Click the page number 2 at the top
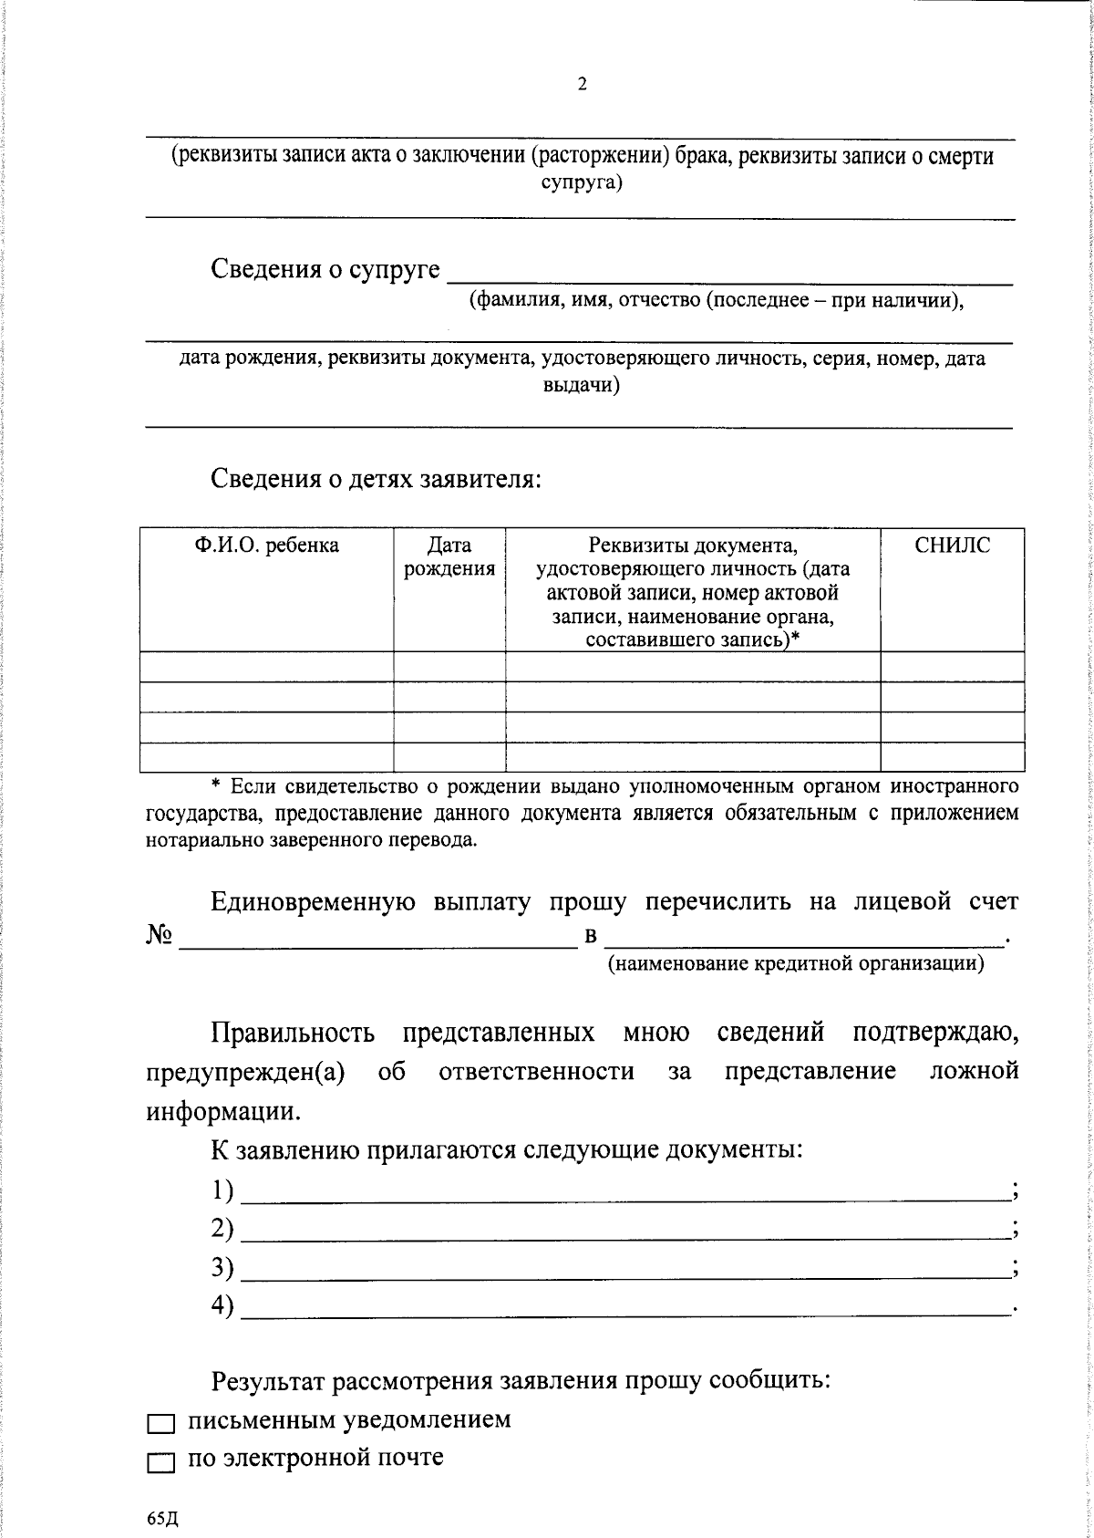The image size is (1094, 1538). coord(582,85)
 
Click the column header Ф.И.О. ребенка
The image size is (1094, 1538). coord(266,546)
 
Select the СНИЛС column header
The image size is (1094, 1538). coord(952,546)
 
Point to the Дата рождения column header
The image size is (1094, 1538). coord(449,557)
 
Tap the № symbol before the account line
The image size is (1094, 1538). coord(159,937)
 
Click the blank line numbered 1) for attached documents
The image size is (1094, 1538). coord(624,1191)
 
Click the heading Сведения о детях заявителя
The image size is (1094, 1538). coord(377,478)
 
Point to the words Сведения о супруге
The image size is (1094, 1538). coord(325,270)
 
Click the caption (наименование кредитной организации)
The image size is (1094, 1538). coord(796,963)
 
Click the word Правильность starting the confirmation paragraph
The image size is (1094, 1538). coord(293,1033)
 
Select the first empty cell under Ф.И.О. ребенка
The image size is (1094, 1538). coord(266,667)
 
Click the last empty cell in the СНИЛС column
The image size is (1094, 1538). coord(952,757)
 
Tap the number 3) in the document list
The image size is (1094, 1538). coord(222,1268)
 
